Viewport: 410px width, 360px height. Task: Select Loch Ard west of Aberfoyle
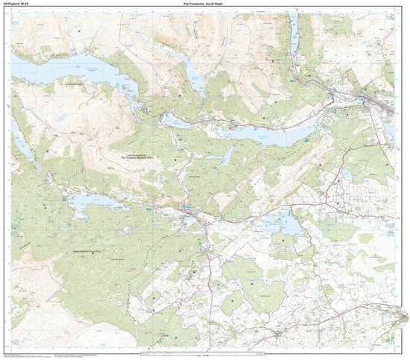click(x=93, y=201)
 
